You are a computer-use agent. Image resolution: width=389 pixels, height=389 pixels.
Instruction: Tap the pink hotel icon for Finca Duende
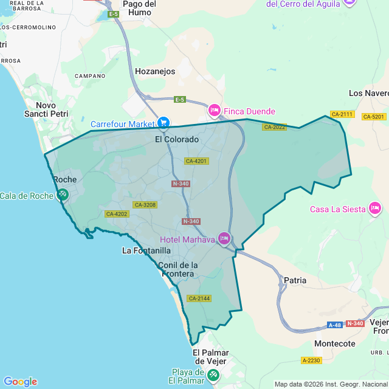(x=214, y=111)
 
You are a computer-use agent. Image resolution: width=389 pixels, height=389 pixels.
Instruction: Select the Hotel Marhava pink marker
(x=224, y=238)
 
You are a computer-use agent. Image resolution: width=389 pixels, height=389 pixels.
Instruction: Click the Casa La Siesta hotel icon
(x=375, y=209)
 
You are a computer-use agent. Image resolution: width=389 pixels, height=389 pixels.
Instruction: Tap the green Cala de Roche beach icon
(x=63, y=195)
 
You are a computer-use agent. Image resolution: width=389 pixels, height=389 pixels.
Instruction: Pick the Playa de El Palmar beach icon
(x=213, y=375)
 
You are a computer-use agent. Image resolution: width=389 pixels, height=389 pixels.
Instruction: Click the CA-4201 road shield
(x=196, y=161)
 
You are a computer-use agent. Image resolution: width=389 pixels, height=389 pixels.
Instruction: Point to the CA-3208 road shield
(x=145, y=205)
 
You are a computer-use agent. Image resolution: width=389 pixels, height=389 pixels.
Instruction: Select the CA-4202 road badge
(x=117, y=214)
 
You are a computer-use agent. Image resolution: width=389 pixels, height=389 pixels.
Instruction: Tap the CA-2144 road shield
(x=199, y=298)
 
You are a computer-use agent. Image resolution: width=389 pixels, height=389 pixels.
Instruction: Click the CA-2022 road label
(x=274, y=127)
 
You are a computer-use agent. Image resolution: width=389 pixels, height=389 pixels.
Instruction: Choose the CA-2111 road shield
(x=342, y=114)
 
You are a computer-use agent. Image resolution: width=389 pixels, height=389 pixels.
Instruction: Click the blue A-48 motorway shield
(x=335, y=325)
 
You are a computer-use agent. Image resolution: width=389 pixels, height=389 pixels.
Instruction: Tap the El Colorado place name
(x=177, y=139)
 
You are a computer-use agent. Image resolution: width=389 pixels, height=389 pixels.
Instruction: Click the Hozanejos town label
(x=155, y=71)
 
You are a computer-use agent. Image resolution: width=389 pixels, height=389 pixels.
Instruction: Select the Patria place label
(x=295, y=280)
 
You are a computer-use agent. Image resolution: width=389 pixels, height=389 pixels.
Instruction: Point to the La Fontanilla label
(x=146, y=250)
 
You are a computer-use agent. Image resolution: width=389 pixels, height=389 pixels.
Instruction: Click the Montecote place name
(x=334, y=343)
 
